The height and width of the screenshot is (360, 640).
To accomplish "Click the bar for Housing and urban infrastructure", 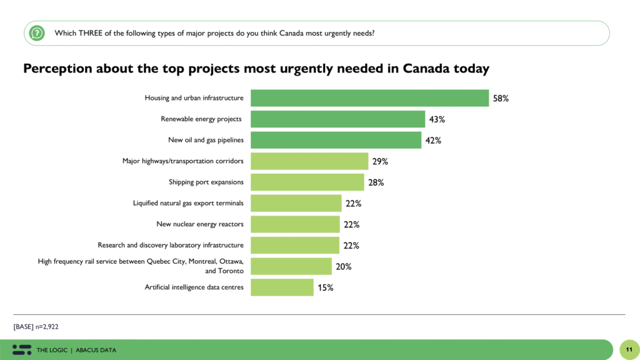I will click(369, 98).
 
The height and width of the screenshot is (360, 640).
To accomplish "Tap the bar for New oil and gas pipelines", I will click(336, 140).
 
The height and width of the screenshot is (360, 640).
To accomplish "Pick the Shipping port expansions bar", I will click(307, 182).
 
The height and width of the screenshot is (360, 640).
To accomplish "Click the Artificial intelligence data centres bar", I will click(282, 287).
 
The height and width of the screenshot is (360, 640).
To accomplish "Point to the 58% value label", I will click(501, 99).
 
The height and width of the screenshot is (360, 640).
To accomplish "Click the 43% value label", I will click(437, 119).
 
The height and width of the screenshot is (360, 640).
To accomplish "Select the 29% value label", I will click(380, 161).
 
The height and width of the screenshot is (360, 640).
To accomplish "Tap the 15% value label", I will click(325, 287).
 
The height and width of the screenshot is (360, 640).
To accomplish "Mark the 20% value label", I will click(343, 267).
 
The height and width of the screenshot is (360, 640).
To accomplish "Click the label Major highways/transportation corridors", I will click(182, 161).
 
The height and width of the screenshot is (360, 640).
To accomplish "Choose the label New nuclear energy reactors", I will click(199, 224).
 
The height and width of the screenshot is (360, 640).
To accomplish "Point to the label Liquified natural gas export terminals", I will click(188, 203).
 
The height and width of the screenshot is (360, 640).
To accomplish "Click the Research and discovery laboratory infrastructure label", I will click(171, 245).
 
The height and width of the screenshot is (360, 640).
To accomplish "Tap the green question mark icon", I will click(37, 32).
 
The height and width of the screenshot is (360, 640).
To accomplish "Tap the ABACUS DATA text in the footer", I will click(96, 350).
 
